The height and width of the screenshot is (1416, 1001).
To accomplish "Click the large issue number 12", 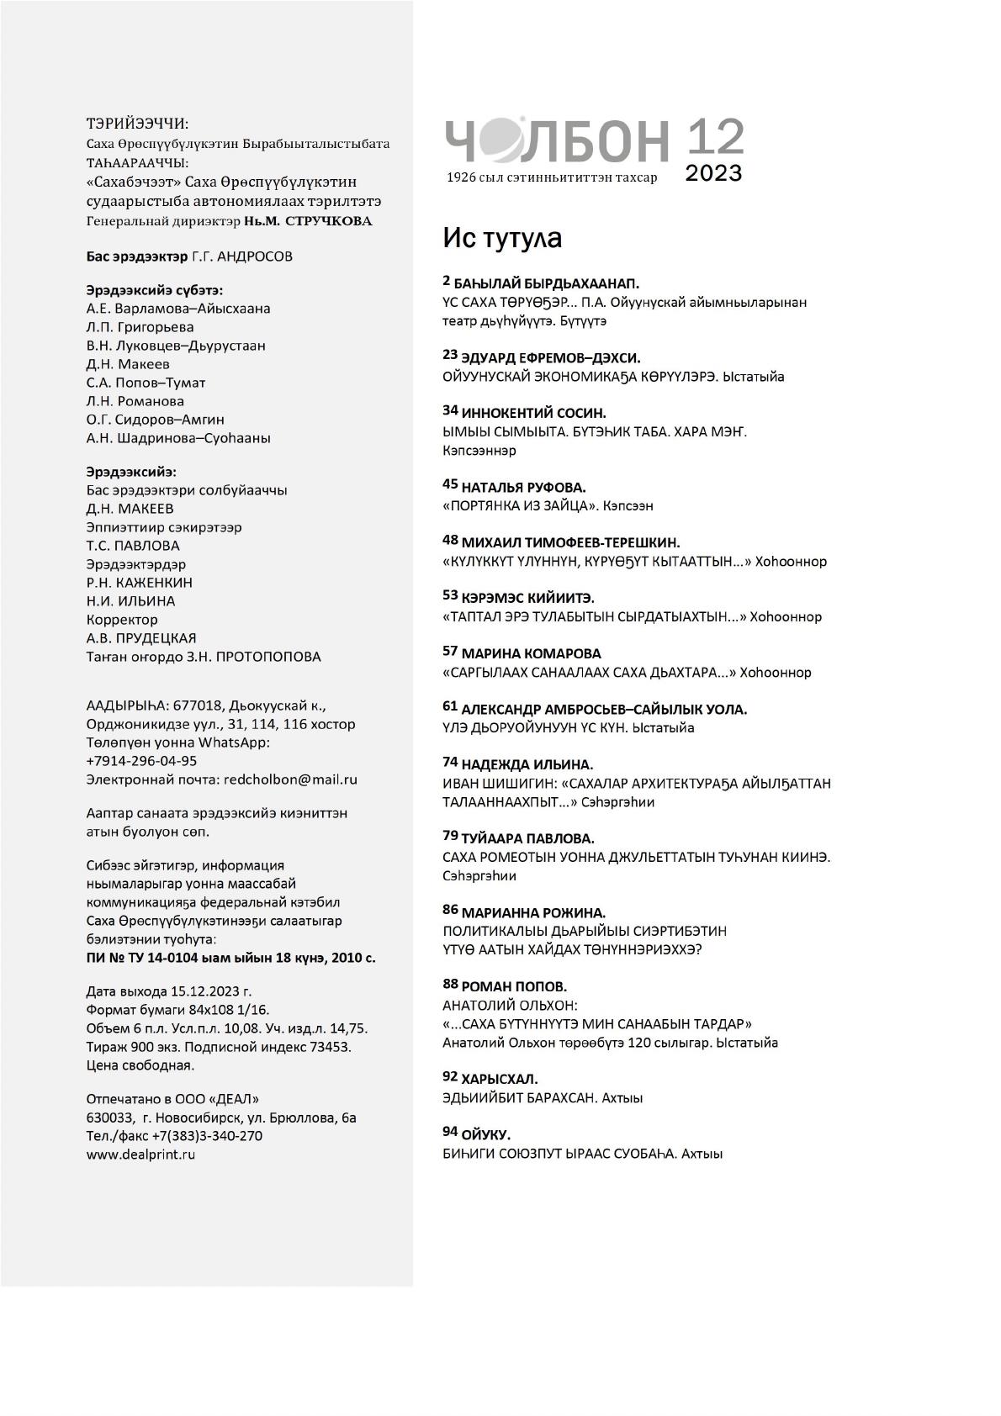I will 716,136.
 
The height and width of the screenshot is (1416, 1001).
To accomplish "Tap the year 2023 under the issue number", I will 713,173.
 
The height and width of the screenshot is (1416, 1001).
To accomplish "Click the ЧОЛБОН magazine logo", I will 557,140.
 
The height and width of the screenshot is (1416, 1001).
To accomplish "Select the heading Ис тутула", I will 502,239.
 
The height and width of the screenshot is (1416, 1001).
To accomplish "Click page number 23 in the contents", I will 449,357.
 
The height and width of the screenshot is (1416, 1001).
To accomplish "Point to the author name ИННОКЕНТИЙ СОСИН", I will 533,413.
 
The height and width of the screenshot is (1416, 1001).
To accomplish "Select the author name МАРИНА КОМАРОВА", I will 531,653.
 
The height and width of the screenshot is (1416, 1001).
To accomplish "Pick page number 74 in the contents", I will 449,762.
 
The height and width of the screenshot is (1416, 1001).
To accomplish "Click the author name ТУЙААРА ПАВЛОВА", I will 527,838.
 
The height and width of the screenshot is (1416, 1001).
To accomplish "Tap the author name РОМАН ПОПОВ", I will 514,986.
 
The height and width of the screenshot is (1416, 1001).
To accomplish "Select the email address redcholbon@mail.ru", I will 290,779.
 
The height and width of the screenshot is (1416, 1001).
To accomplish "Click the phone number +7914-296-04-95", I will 141,761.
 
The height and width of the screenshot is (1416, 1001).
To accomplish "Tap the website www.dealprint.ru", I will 140,1154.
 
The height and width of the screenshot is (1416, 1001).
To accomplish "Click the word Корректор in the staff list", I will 122,620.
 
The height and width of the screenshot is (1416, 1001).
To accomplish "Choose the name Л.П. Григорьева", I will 140,327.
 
